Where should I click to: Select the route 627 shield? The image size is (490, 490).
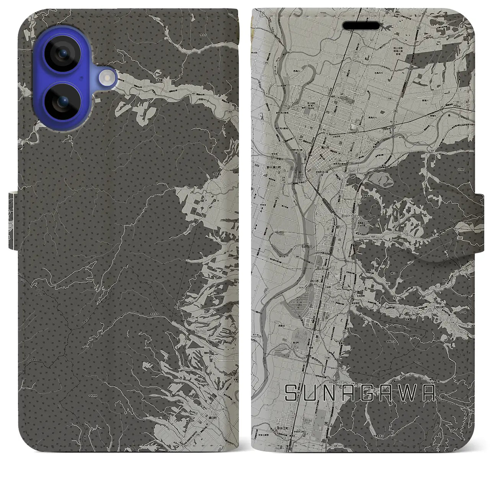(x=388, y=284)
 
